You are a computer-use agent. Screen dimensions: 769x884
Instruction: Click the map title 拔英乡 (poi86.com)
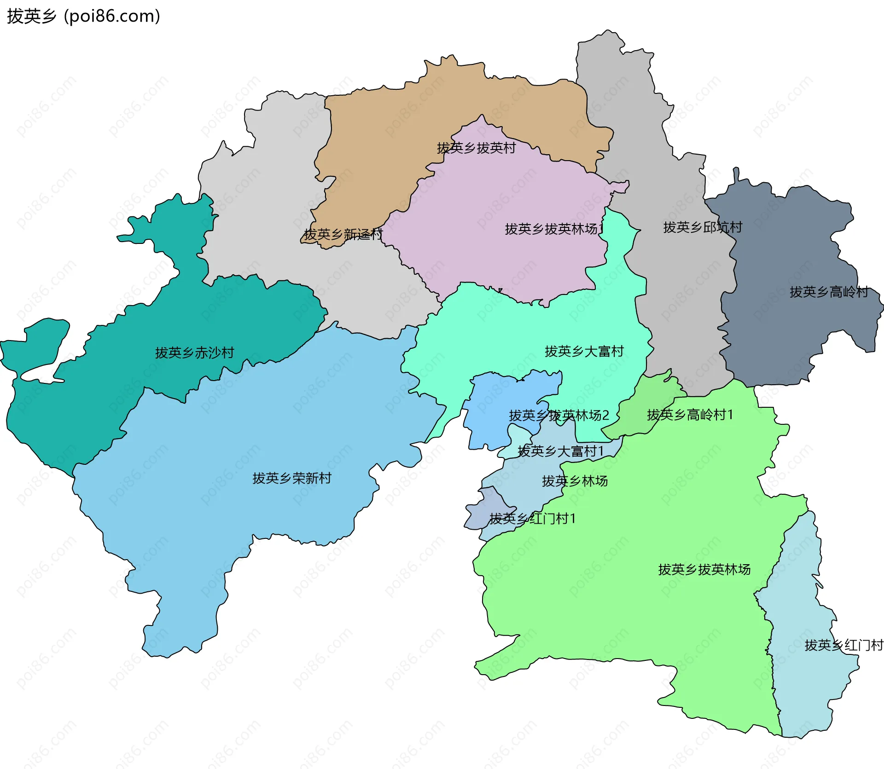[83, 17]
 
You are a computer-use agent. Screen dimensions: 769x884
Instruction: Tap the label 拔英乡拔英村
[476, 148]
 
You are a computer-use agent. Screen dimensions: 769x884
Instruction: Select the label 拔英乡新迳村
[343, 235]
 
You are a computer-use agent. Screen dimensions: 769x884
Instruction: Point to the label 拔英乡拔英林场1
[554, 229]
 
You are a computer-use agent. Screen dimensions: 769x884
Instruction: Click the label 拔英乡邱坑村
[703, 227]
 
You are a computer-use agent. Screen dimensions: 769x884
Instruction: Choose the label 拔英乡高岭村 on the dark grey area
[829, 292]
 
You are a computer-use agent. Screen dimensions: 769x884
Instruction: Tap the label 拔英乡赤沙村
[195, 353]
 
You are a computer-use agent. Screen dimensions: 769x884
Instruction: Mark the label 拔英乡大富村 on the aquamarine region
[584, 352]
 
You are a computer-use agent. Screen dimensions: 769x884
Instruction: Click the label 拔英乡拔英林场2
[558, 416]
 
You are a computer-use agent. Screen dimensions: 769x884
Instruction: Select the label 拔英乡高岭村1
[690, 415]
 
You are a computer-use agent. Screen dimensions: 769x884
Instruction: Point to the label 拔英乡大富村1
[560, 451]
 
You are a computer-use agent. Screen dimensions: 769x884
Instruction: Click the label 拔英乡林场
[575, 481]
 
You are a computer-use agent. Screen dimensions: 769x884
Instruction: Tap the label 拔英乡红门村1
[532, 519]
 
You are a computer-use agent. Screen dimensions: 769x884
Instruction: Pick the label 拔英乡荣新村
[292, 479]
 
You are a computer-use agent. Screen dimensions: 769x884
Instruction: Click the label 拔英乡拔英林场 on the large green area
[704, 570]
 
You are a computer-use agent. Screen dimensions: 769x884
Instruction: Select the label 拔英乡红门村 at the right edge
[843, 646]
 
